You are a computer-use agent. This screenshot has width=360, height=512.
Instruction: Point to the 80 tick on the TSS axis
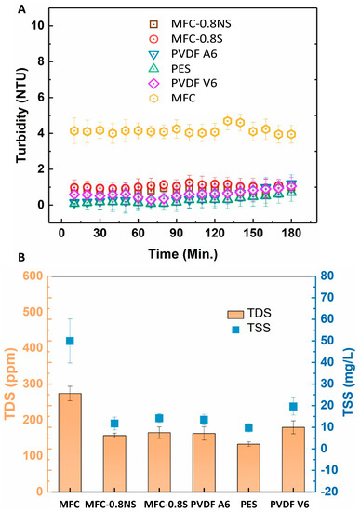click(x=326, y=276)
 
